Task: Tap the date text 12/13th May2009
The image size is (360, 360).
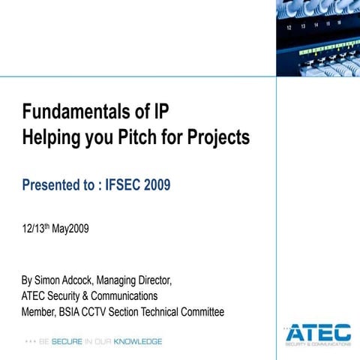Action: (55, 229)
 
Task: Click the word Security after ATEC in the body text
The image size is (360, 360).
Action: (68, 296)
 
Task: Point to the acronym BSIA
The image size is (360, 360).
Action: (78, 312)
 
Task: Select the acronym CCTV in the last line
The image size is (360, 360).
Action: (108, 312)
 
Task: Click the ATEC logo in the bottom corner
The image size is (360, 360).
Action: (318, 333)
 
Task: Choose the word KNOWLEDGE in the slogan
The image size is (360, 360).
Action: (139, 341)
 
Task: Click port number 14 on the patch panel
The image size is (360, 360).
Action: (316, 24)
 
